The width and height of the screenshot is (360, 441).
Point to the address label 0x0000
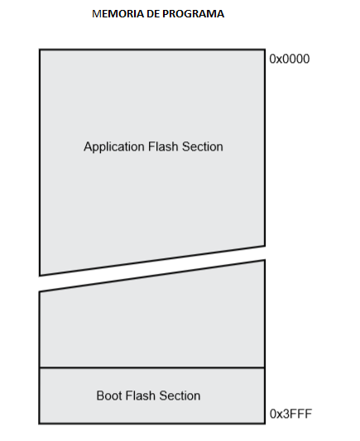pos(290,59)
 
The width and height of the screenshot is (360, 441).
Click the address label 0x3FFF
pos(290,414)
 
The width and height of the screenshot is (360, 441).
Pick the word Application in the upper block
pos(114,147)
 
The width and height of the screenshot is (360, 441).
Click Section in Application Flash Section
pos(203,146)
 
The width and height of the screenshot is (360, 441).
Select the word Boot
pos(109,395)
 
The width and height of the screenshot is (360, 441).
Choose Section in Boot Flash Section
pos(180,395)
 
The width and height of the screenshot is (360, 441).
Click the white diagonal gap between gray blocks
pos(152,268)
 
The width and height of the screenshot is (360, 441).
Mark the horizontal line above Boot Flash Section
pos(152,367)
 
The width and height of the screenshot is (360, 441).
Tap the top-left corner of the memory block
pos(40,50)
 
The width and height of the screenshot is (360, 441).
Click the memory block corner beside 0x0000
pos(265,50)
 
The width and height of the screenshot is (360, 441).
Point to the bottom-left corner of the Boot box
pos(40,424)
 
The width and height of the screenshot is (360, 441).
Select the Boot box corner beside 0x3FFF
pos(265,424)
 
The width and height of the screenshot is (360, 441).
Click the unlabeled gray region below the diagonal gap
pos(152,326)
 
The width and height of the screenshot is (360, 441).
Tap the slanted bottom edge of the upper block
pos(152,261)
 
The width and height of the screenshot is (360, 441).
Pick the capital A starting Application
pos(88,146)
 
